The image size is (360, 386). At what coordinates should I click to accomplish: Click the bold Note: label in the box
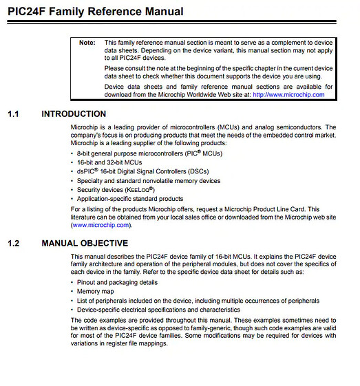[87, 43]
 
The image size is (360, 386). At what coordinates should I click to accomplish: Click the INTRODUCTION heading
[74, 114]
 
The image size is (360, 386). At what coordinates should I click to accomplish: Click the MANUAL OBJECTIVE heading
[85, 244]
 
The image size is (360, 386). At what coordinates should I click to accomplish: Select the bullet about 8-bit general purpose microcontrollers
[149, 151]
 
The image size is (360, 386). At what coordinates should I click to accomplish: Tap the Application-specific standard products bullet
[130, 199]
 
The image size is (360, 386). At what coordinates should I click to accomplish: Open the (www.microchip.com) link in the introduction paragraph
[100, 225]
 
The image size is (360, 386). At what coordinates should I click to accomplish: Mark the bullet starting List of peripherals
[198, 301]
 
